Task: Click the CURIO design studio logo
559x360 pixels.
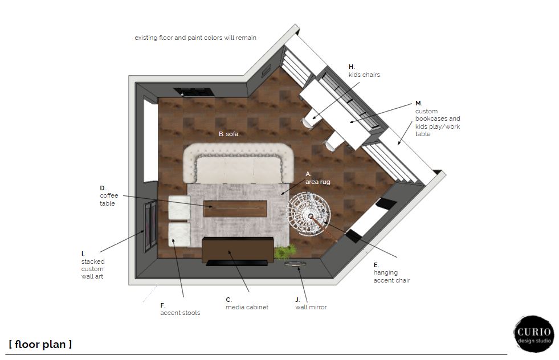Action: [x=534, y=334]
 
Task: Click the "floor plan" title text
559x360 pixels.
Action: [x=40, y=344]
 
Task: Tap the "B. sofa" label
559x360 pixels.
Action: [x=229, y=134]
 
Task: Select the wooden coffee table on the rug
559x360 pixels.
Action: [x=235, y=208]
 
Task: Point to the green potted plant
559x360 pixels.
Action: [x=285, y=251]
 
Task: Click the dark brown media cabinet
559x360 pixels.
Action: [x=238, y=249]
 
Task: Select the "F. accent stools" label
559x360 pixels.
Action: [x=180, y=309]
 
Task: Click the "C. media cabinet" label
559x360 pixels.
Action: [x=247, y=304]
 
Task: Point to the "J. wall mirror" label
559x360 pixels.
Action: [x=311, y=304]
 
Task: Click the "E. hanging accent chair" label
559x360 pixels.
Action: [x=392, y=273]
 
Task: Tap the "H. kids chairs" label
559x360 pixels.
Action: [x=364, y=71]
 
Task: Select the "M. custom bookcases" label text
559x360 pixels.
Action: [x=438, y=118]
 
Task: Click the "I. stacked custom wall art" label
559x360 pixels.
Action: [x=93, y=265]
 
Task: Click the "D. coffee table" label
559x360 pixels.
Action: [x=109, y=196]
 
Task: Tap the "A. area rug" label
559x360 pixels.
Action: [x=317, y=178]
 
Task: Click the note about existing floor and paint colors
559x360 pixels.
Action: [x=195, y=38]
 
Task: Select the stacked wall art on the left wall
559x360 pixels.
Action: [x=150, y=227]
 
